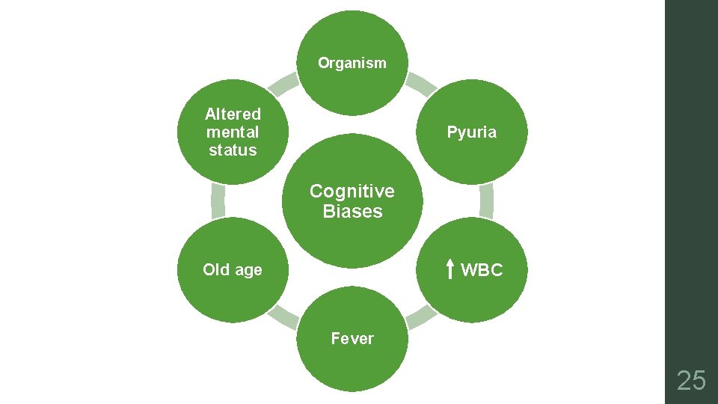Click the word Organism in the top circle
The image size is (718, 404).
pos(352,63)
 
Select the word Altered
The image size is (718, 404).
pos(233,114)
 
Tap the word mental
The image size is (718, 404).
pos(233,132)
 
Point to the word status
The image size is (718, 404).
pos(233,150)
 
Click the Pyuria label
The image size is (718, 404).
pos(471,132)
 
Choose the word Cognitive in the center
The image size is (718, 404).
pos(352,191)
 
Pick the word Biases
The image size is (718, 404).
pos(352,212)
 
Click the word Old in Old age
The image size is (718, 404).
pos(216,270)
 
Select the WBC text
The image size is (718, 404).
pos(482,270)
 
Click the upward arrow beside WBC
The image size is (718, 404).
pos(450,269)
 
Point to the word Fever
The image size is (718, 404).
pos(352,339)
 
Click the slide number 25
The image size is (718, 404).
pos(691,381)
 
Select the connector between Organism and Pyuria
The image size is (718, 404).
pos(420,84)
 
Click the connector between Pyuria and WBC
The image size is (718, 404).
pos(487,201)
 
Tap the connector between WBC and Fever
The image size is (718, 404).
pos(420,317)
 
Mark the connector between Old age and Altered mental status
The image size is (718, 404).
pos(218,201)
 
